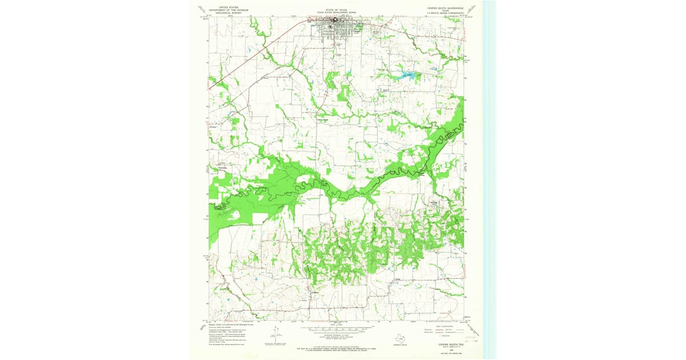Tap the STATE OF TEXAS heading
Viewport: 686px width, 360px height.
(x=336, y=10)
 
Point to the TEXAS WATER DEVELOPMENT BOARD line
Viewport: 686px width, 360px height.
(x=336, y=13)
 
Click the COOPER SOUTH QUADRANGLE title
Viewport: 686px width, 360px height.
(x=445, y=8)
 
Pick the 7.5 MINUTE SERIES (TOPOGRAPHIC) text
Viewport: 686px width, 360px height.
(x=445, y=14)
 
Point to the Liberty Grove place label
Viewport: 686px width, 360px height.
(x=323, y=119)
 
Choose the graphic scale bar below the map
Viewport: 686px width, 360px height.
(x=337, y=330)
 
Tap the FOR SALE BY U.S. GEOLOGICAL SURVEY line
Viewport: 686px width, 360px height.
(x=337, y=347)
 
